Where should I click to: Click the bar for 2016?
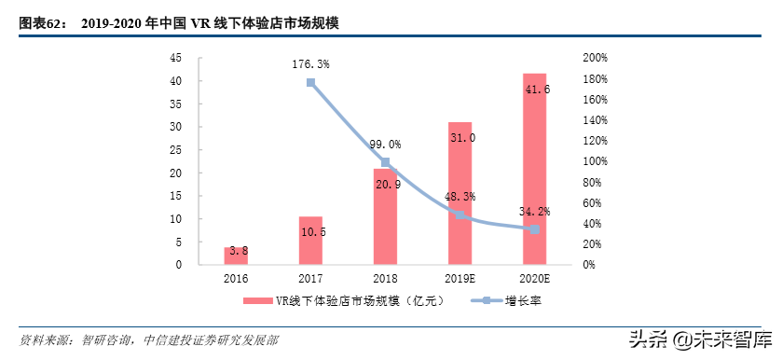click(236, 256)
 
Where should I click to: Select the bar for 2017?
click(310, 241)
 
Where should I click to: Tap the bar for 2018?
click(385, 216)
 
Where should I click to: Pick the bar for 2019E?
click(460, 193)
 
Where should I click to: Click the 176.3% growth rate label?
click(310, 64)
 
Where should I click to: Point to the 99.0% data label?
click(385, 145)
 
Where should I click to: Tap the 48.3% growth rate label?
click(460, 197)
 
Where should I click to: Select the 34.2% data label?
click(534, 212)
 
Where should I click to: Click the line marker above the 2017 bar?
click(310, 83)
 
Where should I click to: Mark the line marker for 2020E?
click(534, 229)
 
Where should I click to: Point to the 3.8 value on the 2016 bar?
click(236, 250)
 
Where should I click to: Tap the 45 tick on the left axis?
click(175, 58)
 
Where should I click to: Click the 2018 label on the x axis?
click(385, 279)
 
